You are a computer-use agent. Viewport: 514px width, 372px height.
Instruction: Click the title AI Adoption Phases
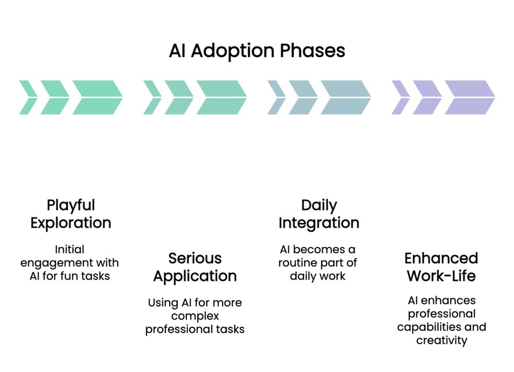coord(257,51)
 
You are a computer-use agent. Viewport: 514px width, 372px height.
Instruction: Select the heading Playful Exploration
coord(71,214)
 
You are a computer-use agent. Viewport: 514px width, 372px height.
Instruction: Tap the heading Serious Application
coord(195,267)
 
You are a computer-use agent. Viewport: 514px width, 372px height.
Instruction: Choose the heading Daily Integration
coord(319,214)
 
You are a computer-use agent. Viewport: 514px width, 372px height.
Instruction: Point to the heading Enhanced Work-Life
coord(442,267)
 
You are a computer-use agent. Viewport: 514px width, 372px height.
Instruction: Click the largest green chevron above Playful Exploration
coord(97,97)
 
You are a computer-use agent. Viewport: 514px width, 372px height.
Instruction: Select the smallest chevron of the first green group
coord(28,97)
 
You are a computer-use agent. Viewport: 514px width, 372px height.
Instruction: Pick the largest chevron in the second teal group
coord(222,97)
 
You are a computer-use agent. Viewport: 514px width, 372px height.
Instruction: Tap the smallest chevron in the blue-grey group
coord(277,97)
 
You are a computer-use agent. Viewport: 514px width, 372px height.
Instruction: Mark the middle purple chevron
coord(427,97)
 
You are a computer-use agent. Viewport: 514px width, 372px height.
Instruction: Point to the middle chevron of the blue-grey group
coord(303,97)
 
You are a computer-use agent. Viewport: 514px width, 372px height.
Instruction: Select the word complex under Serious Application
coord(195,315)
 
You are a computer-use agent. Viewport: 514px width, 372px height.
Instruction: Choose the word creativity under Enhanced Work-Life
coord(442,340)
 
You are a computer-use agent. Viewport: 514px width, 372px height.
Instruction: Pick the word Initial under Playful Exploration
coord(70,249)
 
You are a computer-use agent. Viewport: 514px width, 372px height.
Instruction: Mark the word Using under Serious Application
coord(162,303)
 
